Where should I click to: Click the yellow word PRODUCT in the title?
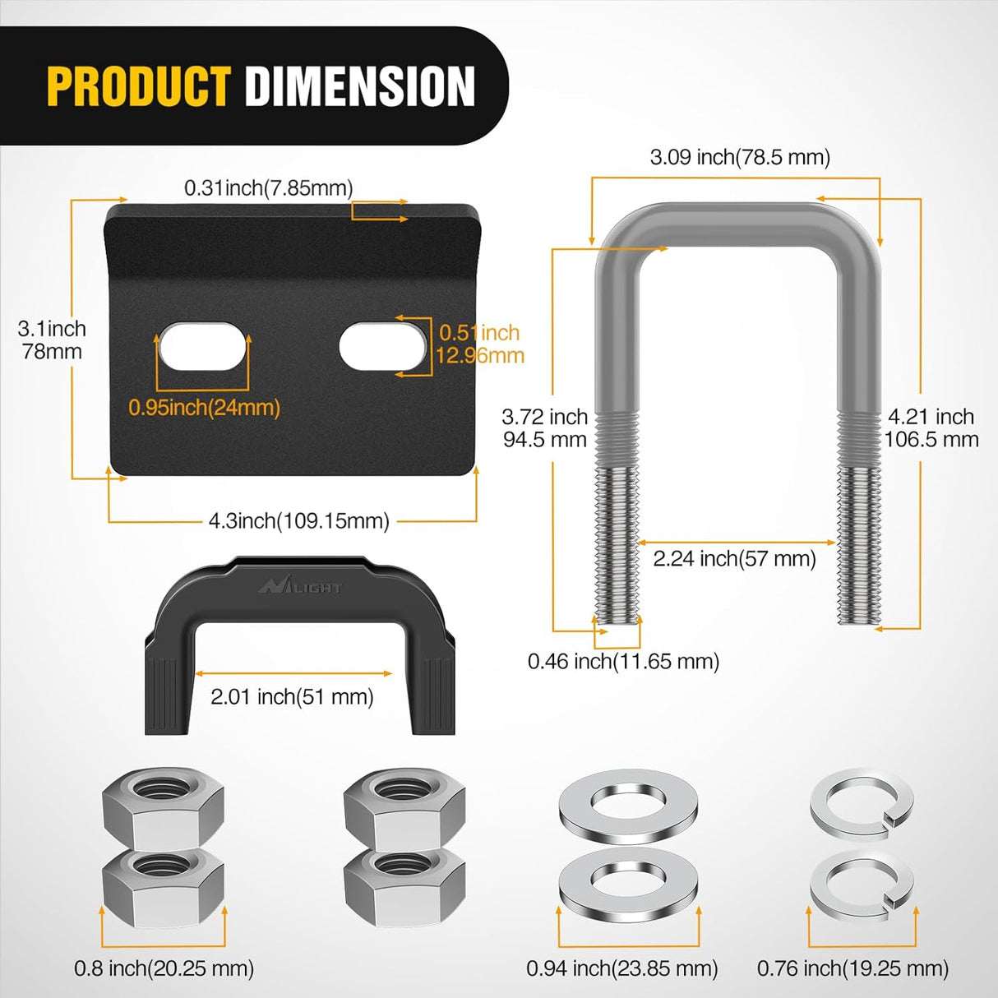click(138, 86)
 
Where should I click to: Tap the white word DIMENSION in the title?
click(360, 86)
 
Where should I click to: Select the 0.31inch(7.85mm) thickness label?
click(268, 188)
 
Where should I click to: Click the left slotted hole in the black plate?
click(203, 348)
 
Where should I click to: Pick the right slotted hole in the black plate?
click(383, 346)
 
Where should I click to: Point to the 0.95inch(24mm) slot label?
click(204, 407)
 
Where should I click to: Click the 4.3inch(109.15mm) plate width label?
click(298, 520)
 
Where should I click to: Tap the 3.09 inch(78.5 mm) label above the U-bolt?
click(740, 157)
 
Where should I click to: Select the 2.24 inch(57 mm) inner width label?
click(734, 559)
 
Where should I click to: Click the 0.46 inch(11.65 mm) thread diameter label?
click(623, 661)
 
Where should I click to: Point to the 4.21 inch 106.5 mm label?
click(931, 427)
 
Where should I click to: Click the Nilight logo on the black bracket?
click(300, 586)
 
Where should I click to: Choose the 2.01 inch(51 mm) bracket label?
click(292, 697)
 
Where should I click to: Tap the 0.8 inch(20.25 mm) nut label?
click(164, 968)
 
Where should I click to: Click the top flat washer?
click(628, 802)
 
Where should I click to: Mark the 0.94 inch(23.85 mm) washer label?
click(621, 968)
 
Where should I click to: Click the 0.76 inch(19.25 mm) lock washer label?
click(852, 968)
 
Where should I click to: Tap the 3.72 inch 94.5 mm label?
click(544, 427)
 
